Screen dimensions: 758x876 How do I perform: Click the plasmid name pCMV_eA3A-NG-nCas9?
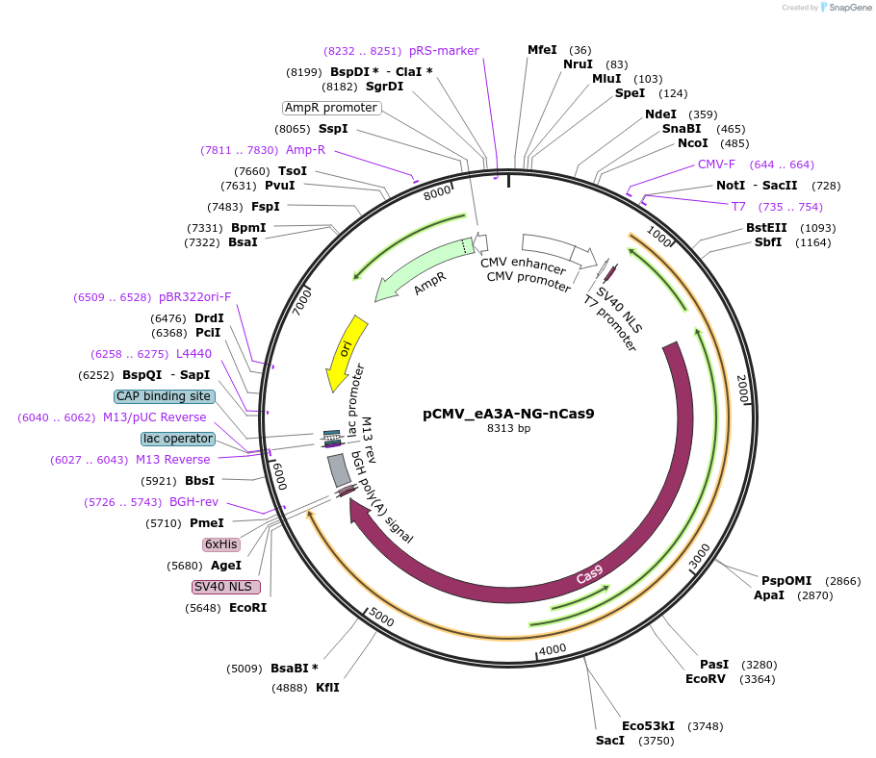coord(508,414)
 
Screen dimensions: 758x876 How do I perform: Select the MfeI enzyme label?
coord(542,50)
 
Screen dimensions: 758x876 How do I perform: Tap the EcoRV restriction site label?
coord(707,679)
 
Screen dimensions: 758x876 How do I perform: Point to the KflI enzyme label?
coord(327,688)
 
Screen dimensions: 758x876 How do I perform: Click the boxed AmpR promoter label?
coord(331,108)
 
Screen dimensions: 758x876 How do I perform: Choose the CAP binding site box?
coord(164,396)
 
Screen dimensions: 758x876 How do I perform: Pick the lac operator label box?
coord(177,439)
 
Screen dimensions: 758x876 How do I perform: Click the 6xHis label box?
coord(220,544)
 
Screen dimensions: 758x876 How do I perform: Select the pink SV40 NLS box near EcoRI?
coord(226,587)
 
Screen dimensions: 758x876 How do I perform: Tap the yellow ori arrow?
coord(345,351)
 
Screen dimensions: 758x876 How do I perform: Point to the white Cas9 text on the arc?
coord(589,574)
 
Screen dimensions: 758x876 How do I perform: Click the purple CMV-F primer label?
coord(716,164)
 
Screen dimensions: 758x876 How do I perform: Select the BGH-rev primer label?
coord(193,502)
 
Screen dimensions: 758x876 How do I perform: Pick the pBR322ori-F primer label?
coord(195,297)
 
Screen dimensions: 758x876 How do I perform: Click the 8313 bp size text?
coord(508,429)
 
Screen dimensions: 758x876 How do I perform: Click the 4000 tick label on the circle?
coord(553,650)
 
